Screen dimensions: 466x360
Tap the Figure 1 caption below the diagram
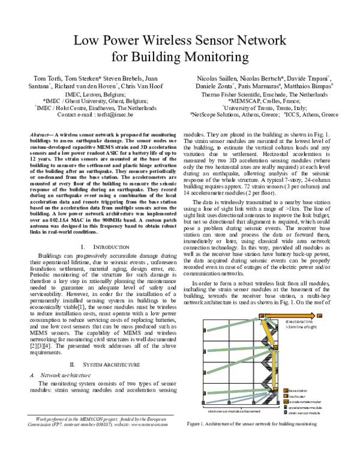[251, 424]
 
